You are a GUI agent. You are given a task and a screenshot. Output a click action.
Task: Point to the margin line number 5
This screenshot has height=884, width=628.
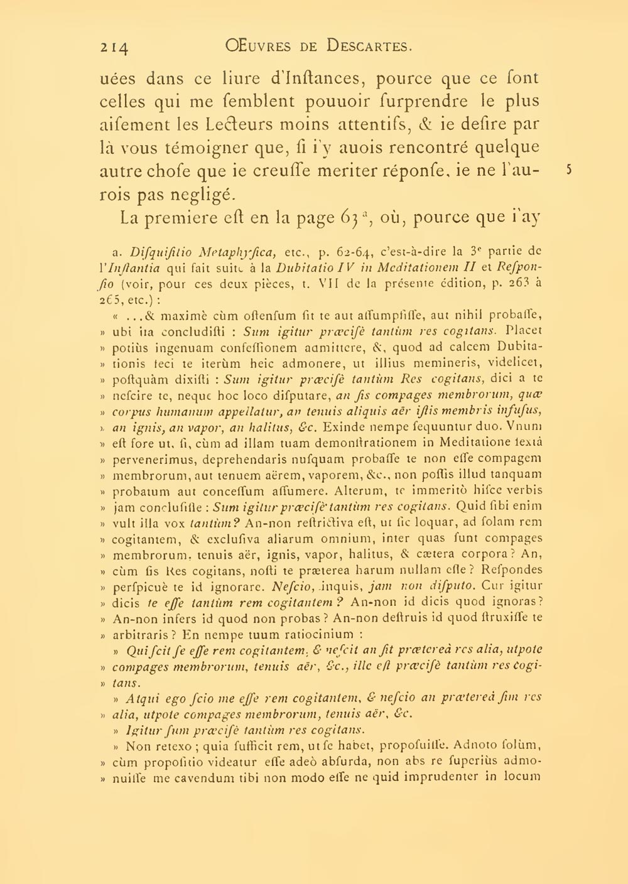point(568,170)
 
